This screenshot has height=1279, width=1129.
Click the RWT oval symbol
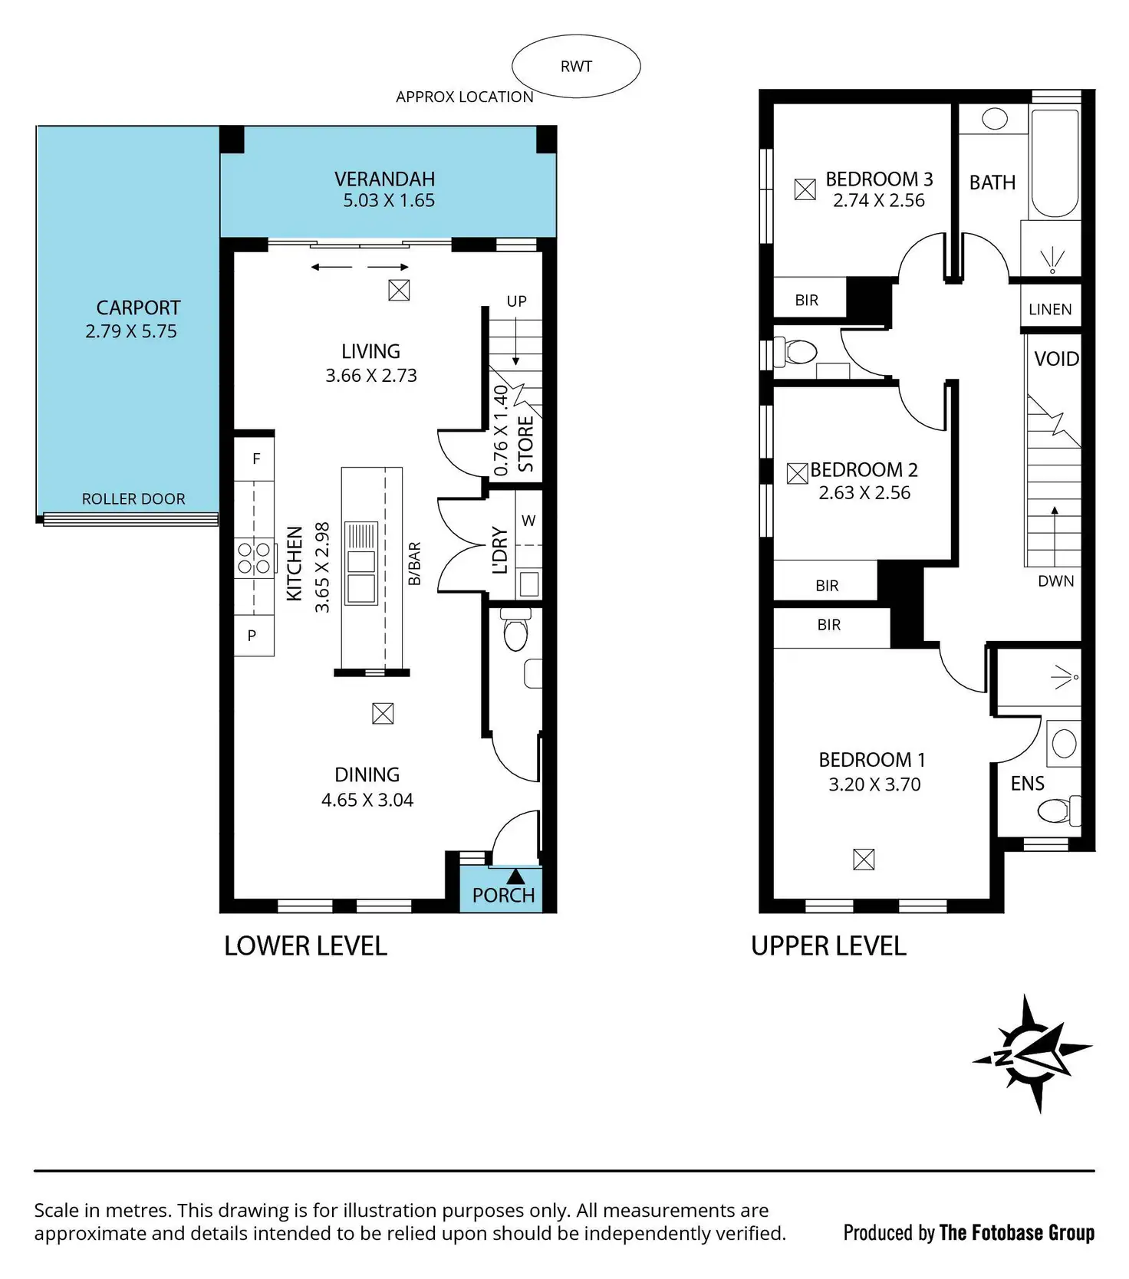click(576, 67)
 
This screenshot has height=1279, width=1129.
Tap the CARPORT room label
click(138, 307)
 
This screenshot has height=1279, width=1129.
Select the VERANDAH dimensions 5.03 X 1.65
click(389, 201)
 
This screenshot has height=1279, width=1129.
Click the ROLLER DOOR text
click(133, 499)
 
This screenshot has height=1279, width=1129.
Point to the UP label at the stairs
click(516, 301)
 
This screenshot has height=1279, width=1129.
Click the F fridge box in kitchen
click(256, 459)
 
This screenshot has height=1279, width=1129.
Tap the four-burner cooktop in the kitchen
click(254, 557)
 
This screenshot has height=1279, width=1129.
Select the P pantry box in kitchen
click(252, 636)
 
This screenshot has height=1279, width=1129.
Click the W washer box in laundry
click(528, 521)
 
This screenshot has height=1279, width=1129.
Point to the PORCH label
click(503, 896)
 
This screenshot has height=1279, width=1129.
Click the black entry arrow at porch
click(515, 875)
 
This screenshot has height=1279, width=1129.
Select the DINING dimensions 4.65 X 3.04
click(367, 800)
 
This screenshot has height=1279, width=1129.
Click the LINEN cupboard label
click(1050, 309)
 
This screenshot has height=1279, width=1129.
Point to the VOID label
click(1056, 359)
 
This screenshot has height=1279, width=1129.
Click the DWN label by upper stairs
click(1055, 581)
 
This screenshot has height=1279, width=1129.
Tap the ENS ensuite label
click(1027, 783)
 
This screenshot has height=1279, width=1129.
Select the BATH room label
click(992, 182)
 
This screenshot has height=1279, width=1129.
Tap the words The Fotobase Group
click(1016, 1232)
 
